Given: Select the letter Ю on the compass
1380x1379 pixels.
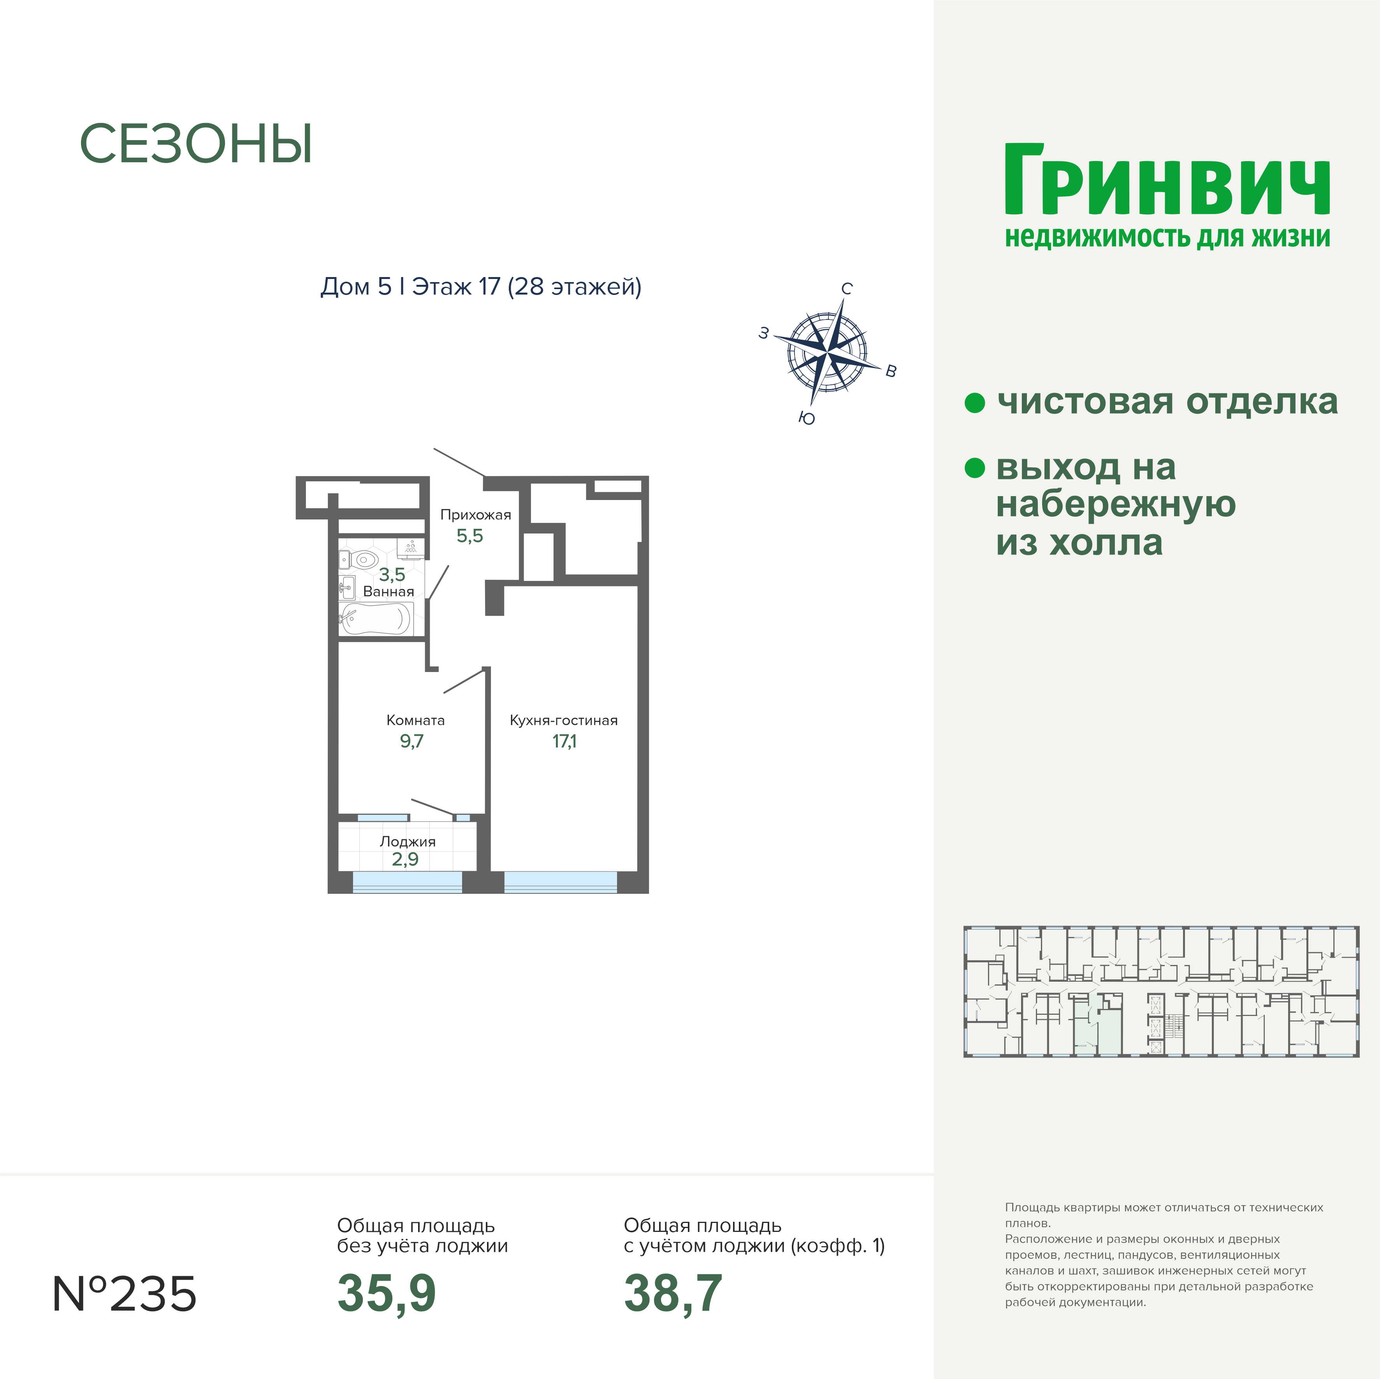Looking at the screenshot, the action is click(807, 418).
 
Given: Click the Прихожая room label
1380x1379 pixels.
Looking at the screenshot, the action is click(476, 515).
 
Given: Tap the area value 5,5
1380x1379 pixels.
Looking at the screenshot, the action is click(470, 535).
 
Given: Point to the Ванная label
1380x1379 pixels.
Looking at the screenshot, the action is click(389, 592).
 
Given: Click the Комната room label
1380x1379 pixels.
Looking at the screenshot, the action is click(416, 721).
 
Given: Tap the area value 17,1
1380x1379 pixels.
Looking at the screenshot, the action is click(564, 741).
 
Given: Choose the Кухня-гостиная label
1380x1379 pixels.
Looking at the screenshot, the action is click(564, 721).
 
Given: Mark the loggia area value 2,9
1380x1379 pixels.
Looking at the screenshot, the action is click(405, 859).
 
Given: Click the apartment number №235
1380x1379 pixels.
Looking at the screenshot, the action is click(124, 1294).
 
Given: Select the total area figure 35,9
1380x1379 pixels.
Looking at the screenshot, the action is click(387, 1293).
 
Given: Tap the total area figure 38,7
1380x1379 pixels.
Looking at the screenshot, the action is click(673, 1293).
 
